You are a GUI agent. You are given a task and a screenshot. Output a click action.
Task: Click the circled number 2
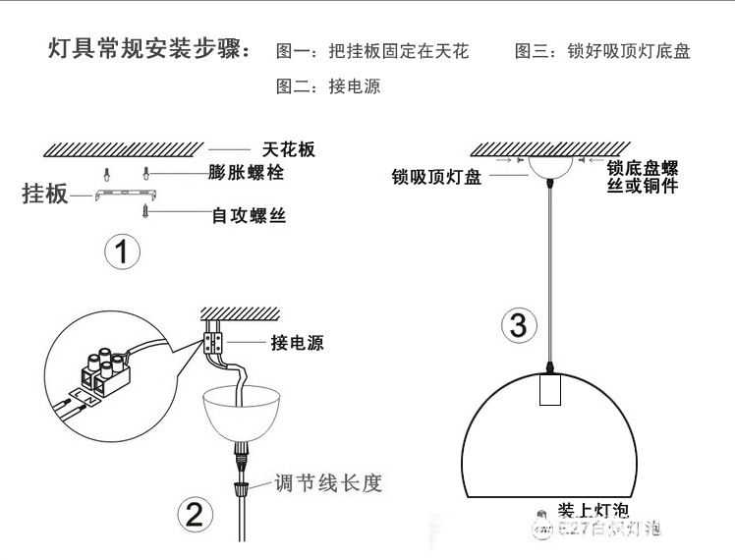pyautogui.click(x=195, y=514)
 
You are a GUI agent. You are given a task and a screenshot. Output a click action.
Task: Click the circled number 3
pyautogui.click(x=519, y=324)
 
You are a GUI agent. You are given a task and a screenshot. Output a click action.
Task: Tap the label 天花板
pyautogui.click(x=289, y=149)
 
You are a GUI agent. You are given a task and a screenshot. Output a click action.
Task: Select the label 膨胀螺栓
pyautogui.click(x=247, y=174)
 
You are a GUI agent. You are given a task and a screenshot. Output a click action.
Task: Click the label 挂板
pyautogui.click(x=45, y=194)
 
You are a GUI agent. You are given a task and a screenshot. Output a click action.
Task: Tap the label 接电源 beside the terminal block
pyautogui.click(x=297, y=343)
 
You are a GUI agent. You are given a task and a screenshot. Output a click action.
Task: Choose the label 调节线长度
pyautogui.click(x=328, y=483)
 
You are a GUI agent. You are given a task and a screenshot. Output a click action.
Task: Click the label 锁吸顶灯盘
pyautogui.click(x=436, y=177)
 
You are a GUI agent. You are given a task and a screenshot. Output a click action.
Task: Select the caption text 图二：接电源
pyautogui.click(x=328, y=86)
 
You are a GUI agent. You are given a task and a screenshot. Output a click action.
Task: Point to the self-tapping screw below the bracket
pyautogui.click(x=146, y=210)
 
